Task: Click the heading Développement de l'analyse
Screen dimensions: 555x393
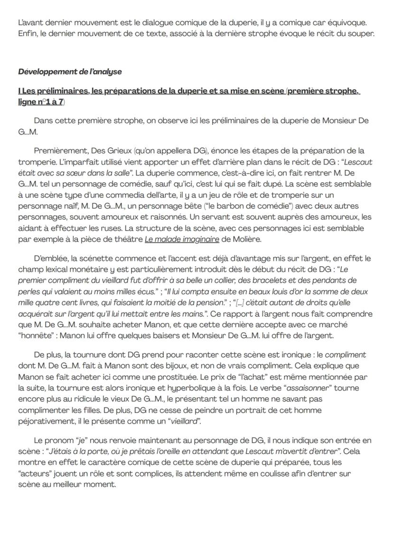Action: click(70, 72)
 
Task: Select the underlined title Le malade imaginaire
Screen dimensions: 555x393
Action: click(182, 239)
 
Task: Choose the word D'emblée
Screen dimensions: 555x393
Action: click(49, 259)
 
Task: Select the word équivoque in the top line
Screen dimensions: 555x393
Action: click(345, 22)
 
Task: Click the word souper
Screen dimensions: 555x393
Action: click(361, 33)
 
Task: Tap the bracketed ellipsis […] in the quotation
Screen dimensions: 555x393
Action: click(241, 303)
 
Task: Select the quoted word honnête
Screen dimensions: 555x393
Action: click(35, 336)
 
